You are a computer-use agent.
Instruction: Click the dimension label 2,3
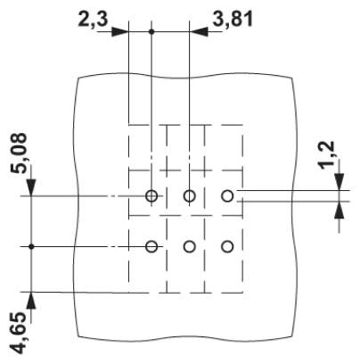pyautogui.click(x=93, y=21)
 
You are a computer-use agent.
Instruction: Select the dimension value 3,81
pyautogui.click(x=233, y=20)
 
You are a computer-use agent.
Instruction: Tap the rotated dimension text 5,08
pyautogui.click(x=19, y=153)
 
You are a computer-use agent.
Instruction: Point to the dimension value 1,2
pyautogui.click(x=328, y=154)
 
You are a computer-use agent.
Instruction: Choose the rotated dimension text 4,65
pyautogui.click(x=19, y=333)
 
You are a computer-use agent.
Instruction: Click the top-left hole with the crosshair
pyautogui.click(x=151, y=195)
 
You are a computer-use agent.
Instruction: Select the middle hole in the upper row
pyautogui.click(x=189, y=195)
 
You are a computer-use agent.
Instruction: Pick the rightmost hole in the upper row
pyautogui.click(x=227, y=195)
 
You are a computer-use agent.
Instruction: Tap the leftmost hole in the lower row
pyautogui.click(x=151, y=246)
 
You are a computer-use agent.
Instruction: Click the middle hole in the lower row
pyautogui.click(x=189, y=246)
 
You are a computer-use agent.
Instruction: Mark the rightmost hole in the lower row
pyautogui.click(x=227, y=246)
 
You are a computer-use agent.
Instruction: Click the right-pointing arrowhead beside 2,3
pyautogui.click(x=120, y=31)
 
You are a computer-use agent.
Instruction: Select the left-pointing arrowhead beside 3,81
pyautogui.click(x=198, y=31)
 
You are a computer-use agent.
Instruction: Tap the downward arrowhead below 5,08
pyautogui.click(x=31, y=187)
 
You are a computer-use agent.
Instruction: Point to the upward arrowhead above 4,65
pyautogui.click(x=31, y=301)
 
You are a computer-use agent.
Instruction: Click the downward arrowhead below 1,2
pyautogui.click(x=340, y=181)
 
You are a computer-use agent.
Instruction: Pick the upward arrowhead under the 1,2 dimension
pyautogui.click(x=340, y=210)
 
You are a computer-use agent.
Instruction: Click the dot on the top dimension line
pyautogui.click(x=151, y=31)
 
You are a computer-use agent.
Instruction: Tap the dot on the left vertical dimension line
pyautogui.click(x=31, y=246)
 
